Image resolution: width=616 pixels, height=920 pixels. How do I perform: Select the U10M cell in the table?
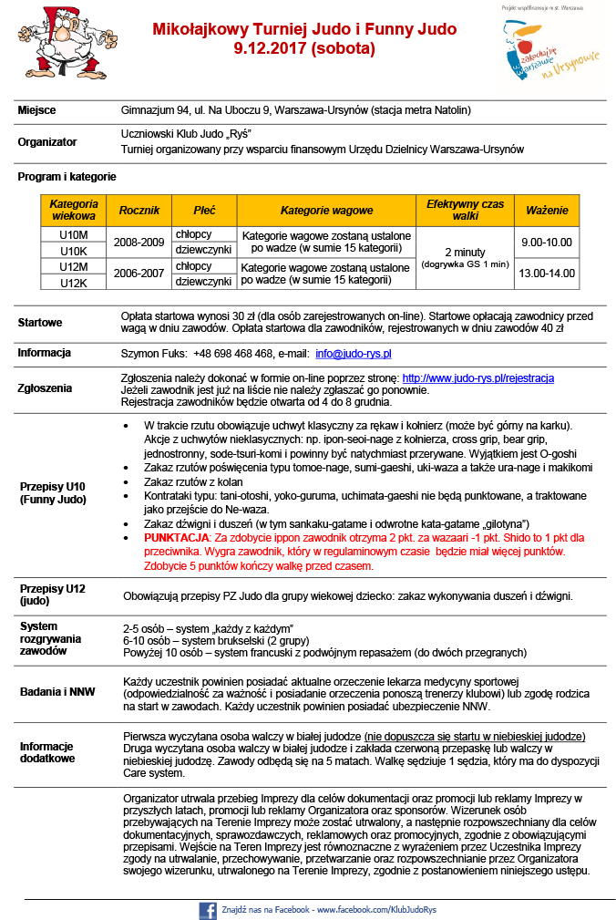click(73, 234)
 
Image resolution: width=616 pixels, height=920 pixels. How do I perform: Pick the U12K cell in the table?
click(73, 282)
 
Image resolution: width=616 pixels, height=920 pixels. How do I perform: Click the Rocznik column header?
click(139, 211)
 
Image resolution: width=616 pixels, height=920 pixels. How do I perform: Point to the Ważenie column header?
click(547, 211)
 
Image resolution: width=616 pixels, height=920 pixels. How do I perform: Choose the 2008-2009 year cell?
click(139, 242)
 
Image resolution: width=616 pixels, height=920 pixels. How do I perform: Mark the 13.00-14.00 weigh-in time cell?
click(547, 274)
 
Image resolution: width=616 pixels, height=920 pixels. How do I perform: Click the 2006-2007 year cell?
click(139, 274)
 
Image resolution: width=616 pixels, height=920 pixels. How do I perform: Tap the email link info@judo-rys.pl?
click(354, 353)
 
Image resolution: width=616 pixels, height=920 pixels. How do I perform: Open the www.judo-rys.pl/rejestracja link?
click(477, 377)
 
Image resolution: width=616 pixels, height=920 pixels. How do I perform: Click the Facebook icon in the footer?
click(207, 909)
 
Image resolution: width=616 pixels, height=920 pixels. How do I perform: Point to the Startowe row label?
click(40, 322)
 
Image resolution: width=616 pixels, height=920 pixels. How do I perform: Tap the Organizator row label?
click(47, 142)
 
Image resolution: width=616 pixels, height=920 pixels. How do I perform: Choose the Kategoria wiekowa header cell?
click(73, 211)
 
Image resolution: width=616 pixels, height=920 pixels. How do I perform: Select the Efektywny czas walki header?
click(465, 211)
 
